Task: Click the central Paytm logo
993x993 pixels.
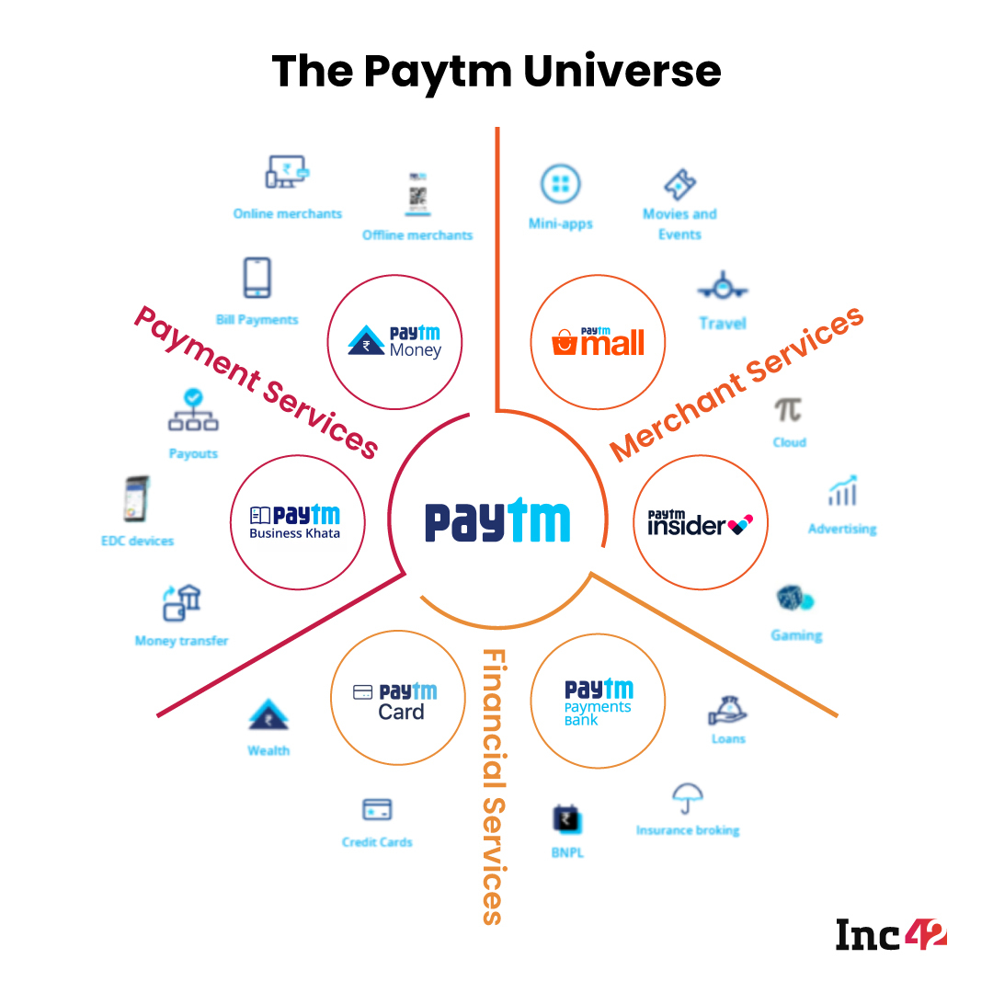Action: pos(497,521)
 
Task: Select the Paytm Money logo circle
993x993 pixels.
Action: pos(395,342)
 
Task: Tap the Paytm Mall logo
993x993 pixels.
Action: pos(599,342)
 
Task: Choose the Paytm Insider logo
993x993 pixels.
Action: pos(702,523)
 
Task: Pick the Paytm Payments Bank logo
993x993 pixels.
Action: pos(599,702)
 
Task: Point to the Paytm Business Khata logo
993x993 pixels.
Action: pos(295,522)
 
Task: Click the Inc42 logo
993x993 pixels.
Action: pos(890,934)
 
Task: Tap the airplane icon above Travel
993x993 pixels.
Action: pos(723,287)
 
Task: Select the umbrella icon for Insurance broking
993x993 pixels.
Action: pos(687,796)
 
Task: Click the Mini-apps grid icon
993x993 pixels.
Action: pos(560,185)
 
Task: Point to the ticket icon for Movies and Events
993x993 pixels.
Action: pos(679,185)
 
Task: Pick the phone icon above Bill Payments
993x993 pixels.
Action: pos(257,278)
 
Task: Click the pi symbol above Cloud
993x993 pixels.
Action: pos(788,409)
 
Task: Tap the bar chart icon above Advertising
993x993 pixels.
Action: pos(842,492)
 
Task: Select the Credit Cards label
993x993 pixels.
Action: pos(377,842)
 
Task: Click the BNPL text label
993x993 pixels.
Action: pos(567,853)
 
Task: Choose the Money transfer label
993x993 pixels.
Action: pos(181,641)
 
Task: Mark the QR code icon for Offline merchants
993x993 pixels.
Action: pos(418,195)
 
